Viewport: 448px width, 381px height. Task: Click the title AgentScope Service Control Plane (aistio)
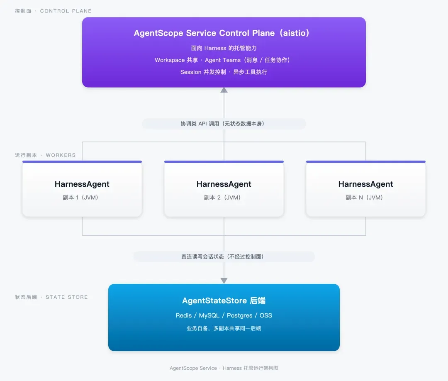(x=222, y=33)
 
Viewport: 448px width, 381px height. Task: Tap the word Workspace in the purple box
(x=170, y=60)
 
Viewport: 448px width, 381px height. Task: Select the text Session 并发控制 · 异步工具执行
(x=224, y=72)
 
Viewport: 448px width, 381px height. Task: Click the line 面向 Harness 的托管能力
(x=224, y=48)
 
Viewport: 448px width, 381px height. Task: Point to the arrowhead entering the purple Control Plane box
(x=224, y=90)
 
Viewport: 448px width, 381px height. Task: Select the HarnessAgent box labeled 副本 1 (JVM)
(x=82, y=189)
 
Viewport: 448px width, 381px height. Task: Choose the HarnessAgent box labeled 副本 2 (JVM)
(x=224, y=189)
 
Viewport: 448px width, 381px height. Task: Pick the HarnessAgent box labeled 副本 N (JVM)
(x=366, y=189)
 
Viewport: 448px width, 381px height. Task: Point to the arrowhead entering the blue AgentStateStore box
(x=224, y=281)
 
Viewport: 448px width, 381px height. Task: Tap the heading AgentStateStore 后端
(x=224, y=300)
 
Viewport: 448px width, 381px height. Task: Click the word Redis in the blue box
(x=183, y=315)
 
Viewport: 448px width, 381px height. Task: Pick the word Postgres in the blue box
(x=239, y=315)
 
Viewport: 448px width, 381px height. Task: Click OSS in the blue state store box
(x=266, y=315)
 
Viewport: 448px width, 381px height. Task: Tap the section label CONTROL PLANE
(x=66, y=11)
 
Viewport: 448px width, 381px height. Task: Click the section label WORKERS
(x=61, y=155)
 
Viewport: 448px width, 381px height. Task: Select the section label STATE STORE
(x=66, y=297)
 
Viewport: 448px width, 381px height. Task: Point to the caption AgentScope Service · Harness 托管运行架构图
(x=224, y=368)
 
